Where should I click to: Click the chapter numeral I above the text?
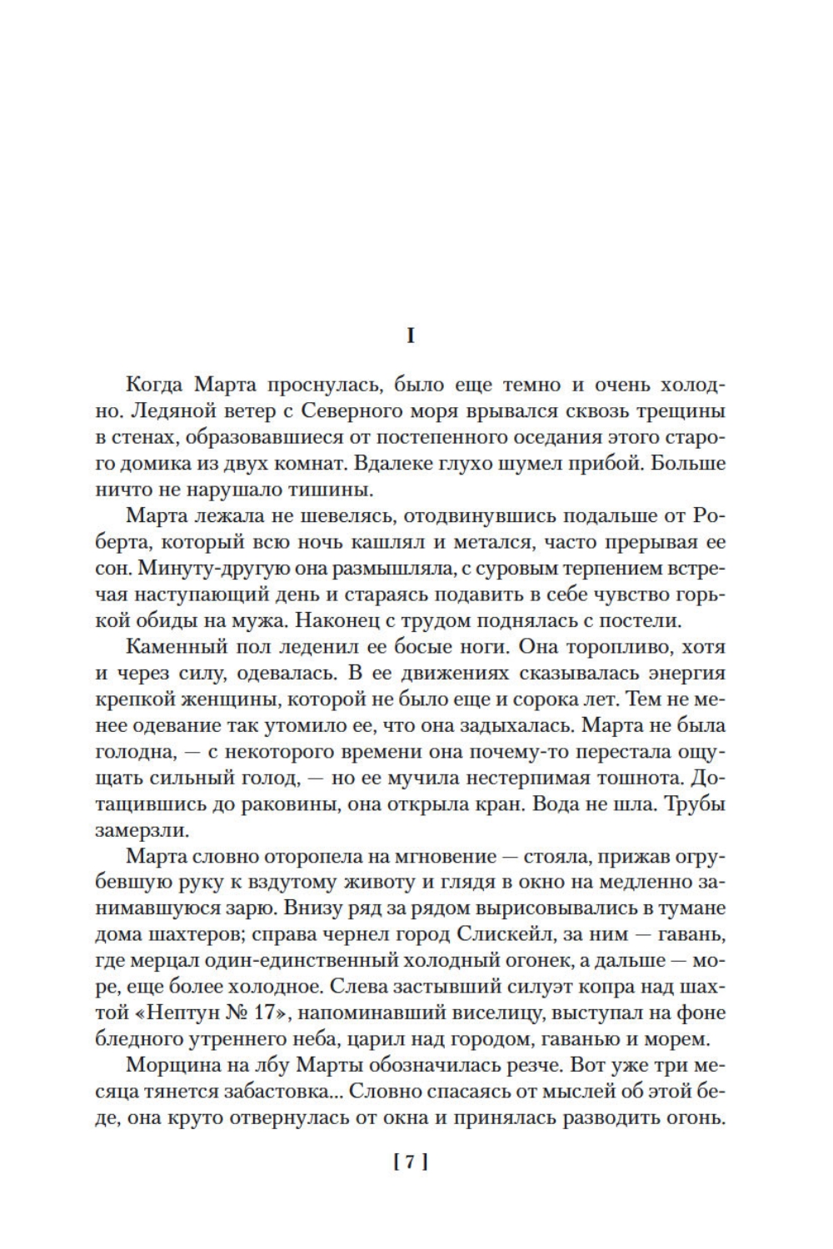pyautogui.click(x=410, y=336)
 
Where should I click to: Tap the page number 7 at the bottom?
pyautogui.click(x=410, y=1162)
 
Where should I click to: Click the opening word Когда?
pyautogui.click(x=154, y=385)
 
